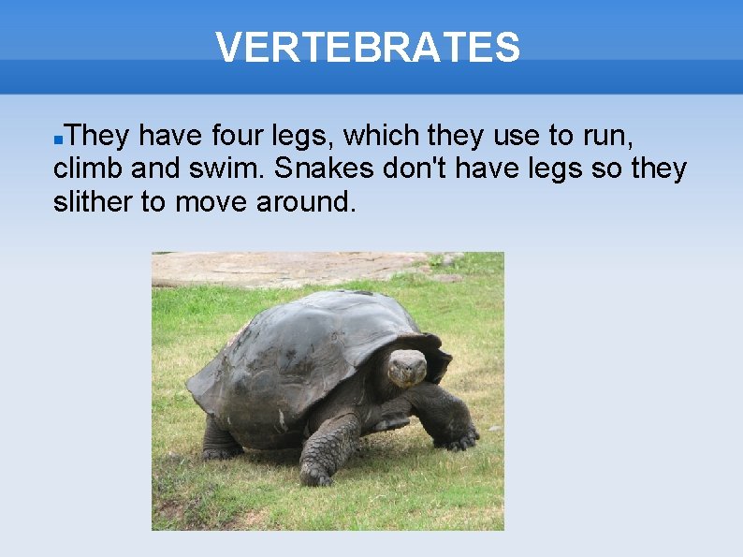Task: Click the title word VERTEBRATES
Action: tap(367, 47)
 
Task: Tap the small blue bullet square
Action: tap(58, 139)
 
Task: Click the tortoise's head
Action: tap(407, 367)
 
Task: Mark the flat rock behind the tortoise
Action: tap(281, 269)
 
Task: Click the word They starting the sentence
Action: tap(98, 137)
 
